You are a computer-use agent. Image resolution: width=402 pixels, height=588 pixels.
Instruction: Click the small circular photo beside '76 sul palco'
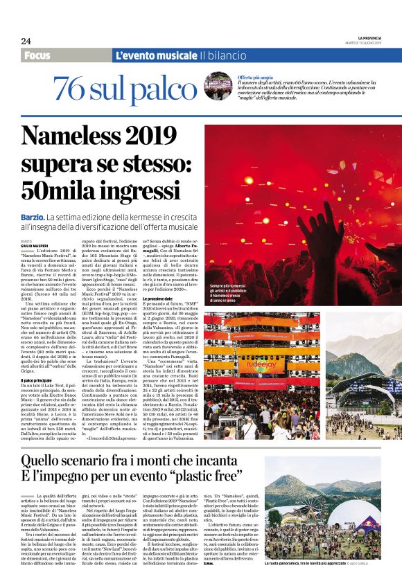pyautogui.click(x=217, y=86)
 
